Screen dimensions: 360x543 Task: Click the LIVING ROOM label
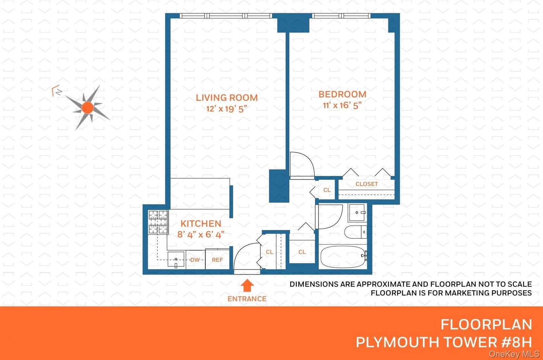coord(227,98)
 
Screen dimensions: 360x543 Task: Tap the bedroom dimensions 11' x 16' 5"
coord(342,105)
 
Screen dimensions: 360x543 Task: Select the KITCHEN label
coord(201,223)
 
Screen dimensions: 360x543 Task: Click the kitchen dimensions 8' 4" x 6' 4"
coord(201,234)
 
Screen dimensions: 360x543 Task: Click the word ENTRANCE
coord(247,299)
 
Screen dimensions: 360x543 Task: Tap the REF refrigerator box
coord(218,260)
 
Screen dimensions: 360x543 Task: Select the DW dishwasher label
coord(195,260)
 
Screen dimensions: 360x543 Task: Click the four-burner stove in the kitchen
coord(158,222)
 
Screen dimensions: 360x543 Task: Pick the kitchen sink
coord(176,260)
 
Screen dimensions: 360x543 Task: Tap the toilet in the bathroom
coord(355,232)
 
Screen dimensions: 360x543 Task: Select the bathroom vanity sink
coord(357,213)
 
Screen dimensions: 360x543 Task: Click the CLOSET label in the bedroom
coord(367,184)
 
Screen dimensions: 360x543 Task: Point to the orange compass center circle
coord(88,108)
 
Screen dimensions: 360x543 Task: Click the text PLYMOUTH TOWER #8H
coord(444,342)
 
